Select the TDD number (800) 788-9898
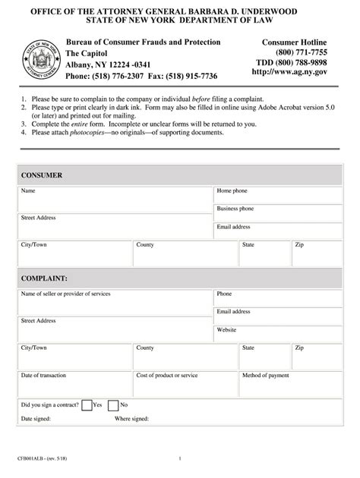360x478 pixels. (x=291, y=61)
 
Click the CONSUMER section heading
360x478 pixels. (x=42, y=175)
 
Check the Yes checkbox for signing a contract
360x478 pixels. (x=87, y=405)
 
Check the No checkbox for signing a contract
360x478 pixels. (x=113, y=405)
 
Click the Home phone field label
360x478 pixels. (x=232, y=191)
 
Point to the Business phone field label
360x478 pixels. (x=235, y=208)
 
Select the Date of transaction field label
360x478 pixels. (x=48, y=375)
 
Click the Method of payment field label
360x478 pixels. (x=266, y=375)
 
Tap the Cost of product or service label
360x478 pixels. (x=167, y=375)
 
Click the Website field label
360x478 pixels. (x=227, y=329)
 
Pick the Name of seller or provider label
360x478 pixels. (x=71, y=294)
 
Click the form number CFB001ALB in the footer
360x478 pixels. (x=34, y=458)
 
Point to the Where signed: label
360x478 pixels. (x=131, y=419)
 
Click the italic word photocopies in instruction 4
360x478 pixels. (x=92, y=132)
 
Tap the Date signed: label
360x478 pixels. (x=36, y=419)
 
